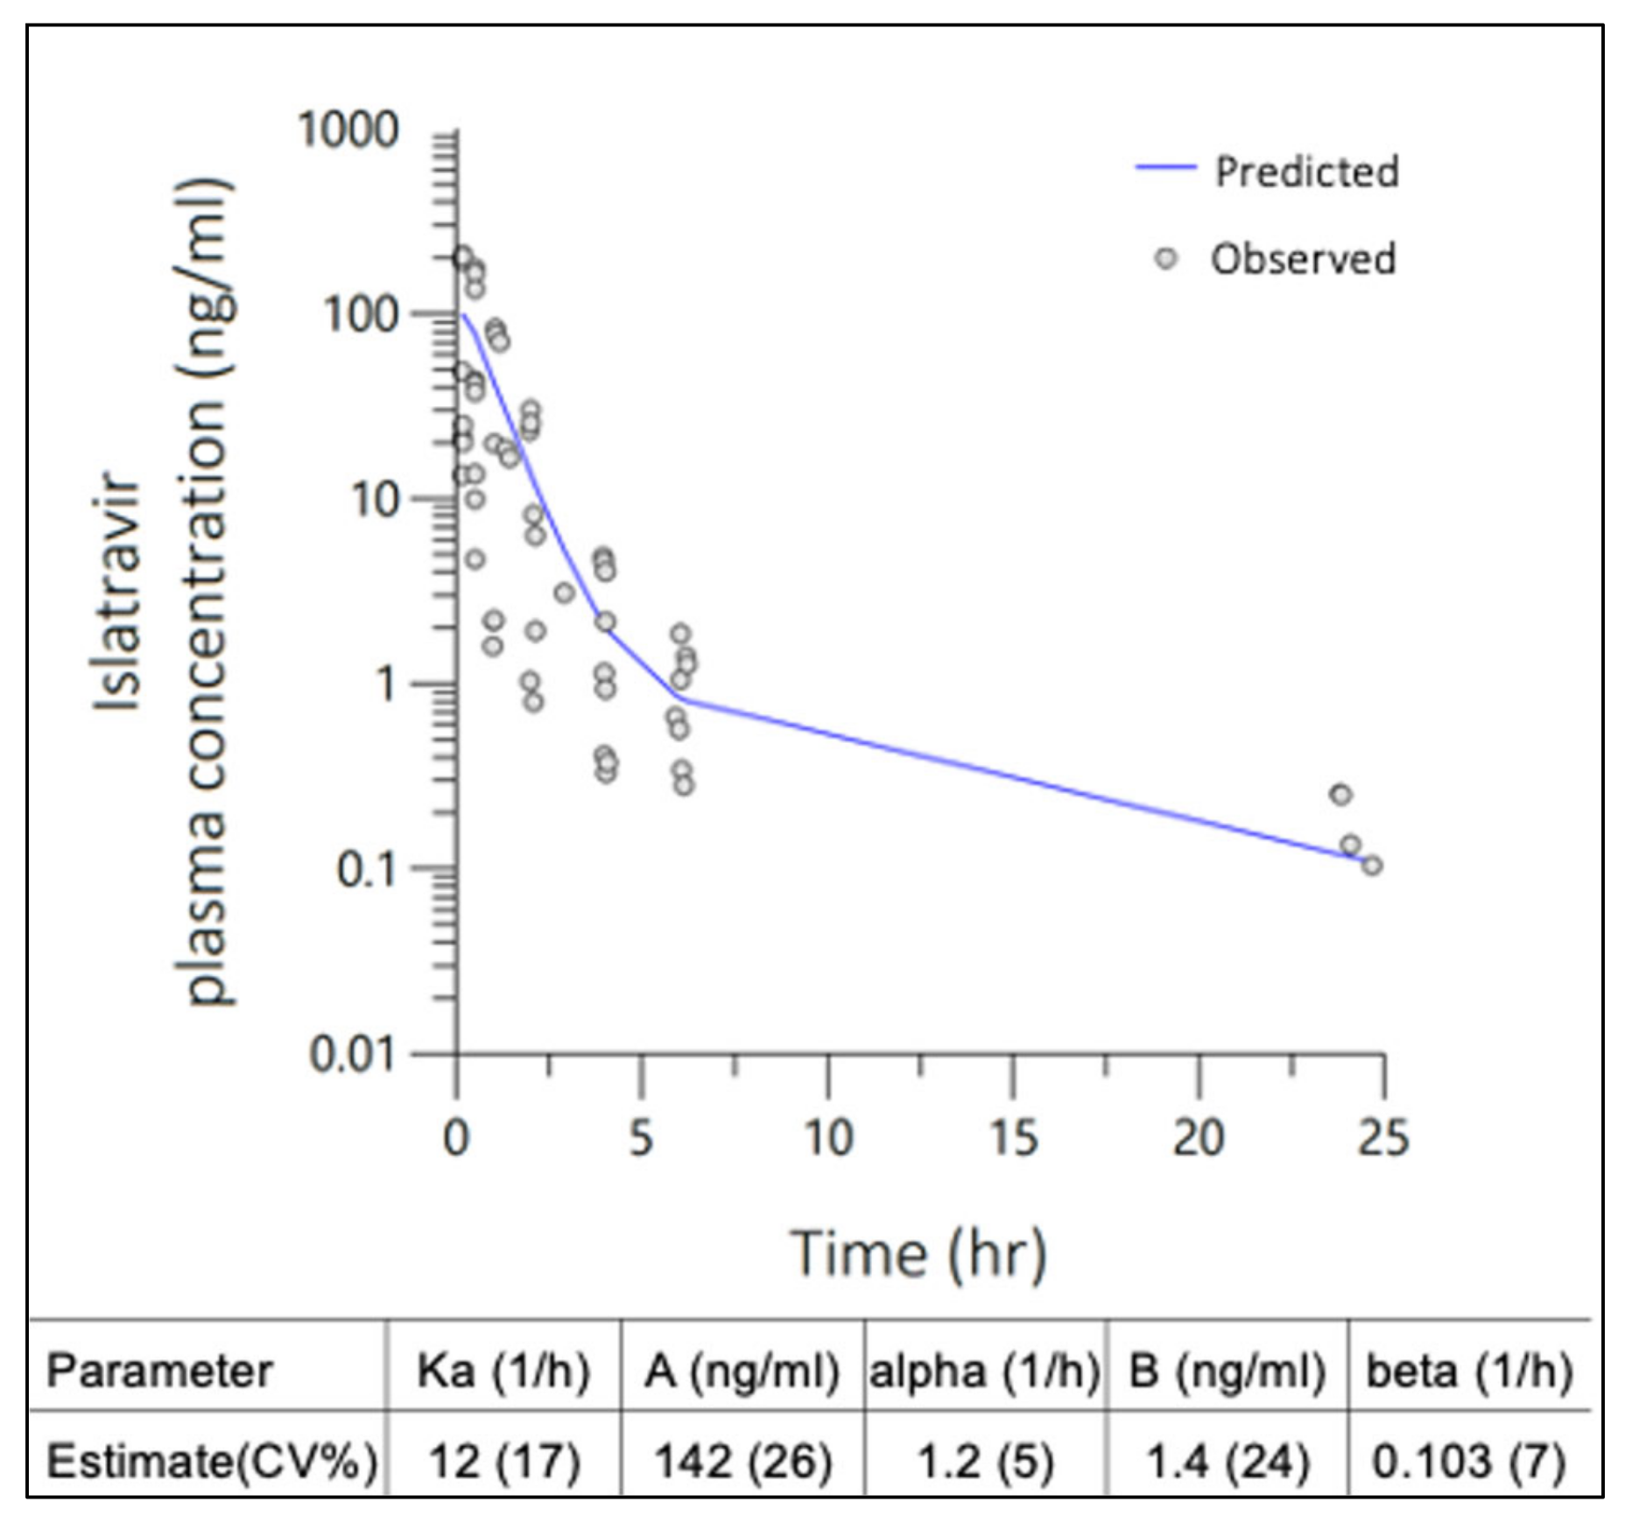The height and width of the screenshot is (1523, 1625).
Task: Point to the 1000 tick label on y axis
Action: [x=348, y=130]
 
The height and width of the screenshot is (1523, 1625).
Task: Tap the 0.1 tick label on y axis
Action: [x=367, y=870]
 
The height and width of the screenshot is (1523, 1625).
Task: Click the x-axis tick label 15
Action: [x=1013, y=1139]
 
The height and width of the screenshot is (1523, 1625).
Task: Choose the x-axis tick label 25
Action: [x=1383, y=1139]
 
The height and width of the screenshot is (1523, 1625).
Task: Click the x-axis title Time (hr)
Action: [x=918, y=1254]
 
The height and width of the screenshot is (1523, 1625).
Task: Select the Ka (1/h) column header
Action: [x=503, y=1371]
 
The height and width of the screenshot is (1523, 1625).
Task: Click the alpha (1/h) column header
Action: [x=984, y=1371]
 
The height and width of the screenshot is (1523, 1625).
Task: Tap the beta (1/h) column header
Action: [x=1469, y=1371]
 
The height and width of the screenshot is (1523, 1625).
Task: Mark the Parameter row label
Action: [x=159, y=1371]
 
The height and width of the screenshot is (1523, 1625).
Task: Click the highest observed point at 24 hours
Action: [x=1340, y=795]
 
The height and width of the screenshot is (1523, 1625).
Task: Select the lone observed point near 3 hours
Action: [x=565, y=593]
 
